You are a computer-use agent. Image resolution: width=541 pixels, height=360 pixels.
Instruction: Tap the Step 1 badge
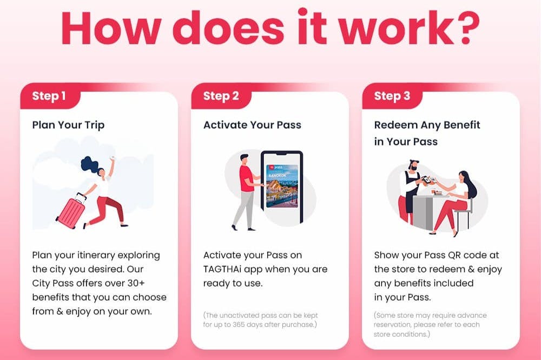point(49,96)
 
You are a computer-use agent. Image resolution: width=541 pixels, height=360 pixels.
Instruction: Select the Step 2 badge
point(221,96)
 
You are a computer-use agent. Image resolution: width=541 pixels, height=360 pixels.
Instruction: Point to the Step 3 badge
point(392,96)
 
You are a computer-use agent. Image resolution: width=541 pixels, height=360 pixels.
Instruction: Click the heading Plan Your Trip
point(68,125)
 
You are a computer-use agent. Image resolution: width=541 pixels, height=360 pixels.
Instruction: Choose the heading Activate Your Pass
point(252,124)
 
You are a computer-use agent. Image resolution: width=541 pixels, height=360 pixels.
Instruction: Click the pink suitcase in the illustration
point(71,211)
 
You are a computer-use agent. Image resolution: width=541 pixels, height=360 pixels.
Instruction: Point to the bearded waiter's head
point(413,165)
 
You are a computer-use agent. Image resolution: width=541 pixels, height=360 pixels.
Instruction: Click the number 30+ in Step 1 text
point(136,283)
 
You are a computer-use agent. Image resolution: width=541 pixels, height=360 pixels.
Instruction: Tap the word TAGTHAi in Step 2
point(222,269)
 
